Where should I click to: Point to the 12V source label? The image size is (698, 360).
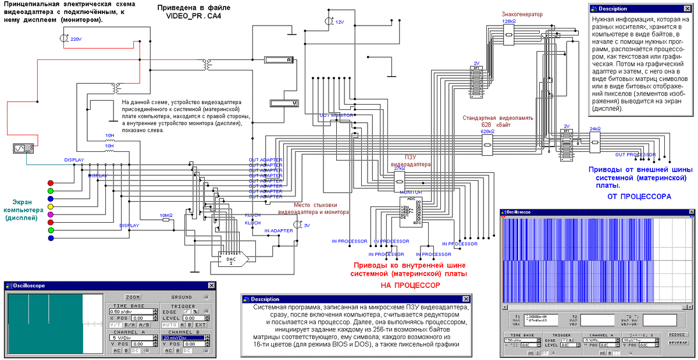click(x=340, y=22)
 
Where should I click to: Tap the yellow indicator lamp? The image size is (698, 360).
click(x=51, y=206)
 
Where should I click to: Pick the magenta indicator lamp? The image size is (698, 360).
click(x=51, y=216)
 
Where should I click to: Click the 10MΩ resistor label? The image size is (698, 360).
click(x=166, y=215)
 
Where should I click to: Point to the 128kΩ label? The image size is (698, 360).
click(x=508, y=21)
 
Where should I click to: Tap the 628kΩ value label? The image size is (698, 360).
click(x=487, y=132)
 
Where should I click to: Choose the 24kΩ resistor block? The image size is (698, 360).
click(x=595, y=140)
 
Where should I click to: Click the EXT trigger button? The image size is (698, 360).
click(x=200, y=325)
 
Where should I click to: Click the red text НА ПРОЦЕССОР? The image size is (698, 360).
click(x=410, y=286)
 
